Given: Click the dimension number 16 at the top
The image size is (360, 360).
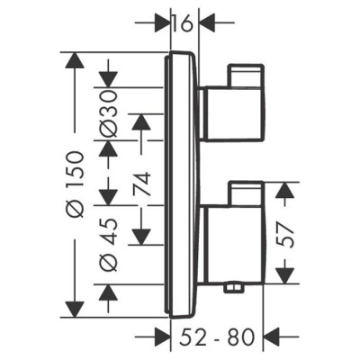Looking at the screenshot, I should coord(184,23).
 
